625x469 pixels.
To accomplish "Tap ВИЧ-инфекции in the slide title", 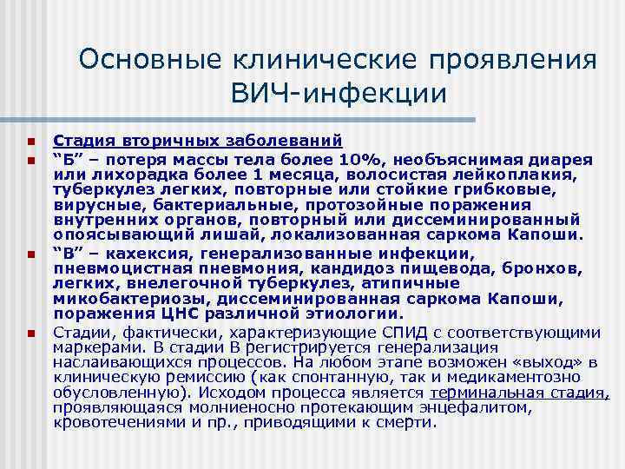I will [339, 93].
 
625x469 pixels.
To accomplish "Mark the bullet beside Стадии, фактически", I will [30, 333].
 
